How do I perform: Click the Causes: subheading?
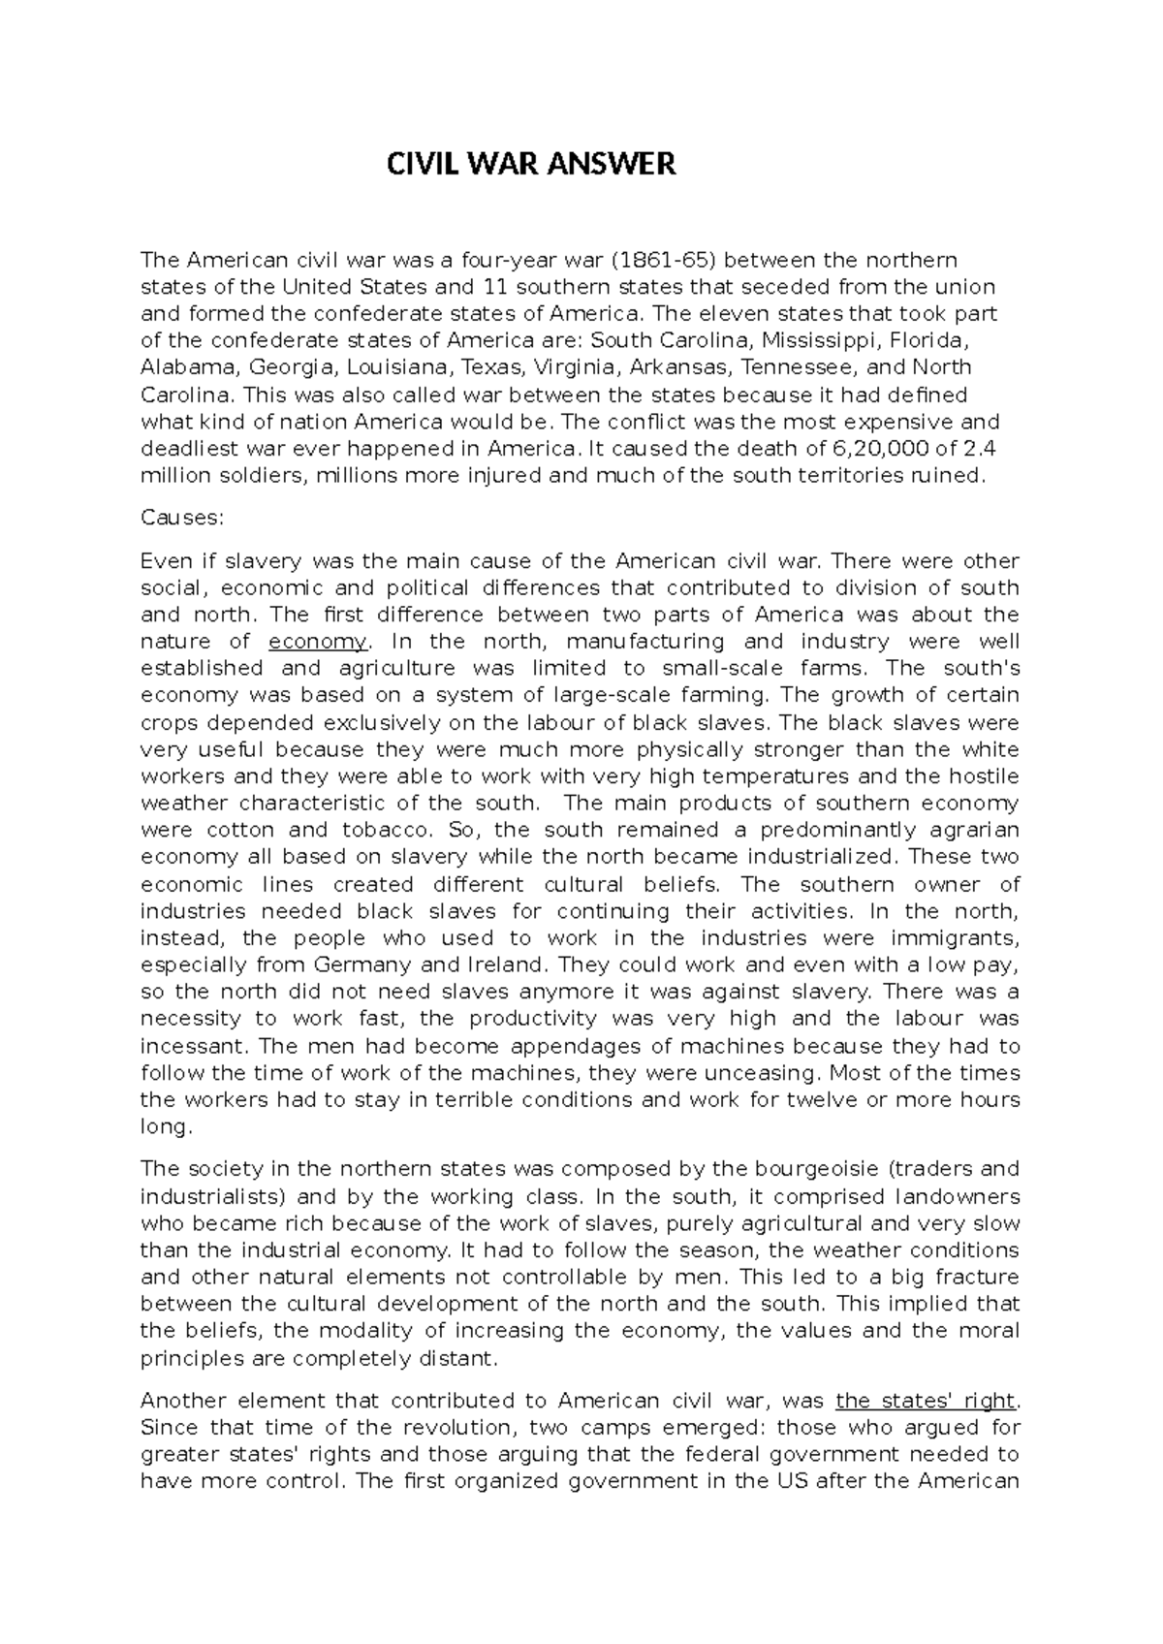(181, 518)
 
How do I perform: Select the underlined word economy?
(317, 642)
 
